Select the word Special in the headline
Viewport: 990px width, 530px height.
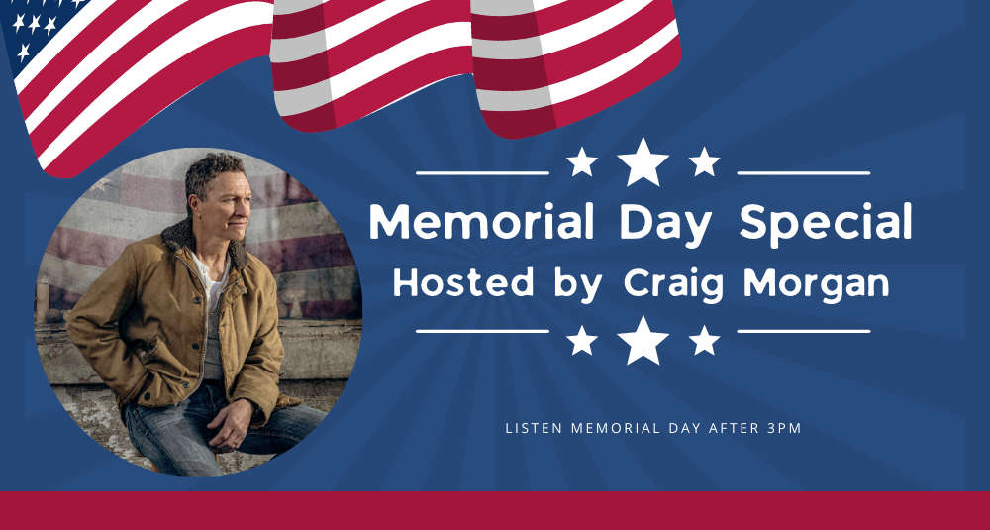[x=826, y=225]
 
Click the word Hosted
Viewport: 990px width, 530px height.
[x=462, y=282]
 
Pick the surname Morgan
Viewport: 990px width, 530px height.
[x=817, y=285]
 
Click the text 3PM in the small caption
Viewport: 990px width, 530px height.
[x=784, y=428]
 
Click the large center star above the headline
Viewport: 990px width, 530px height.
[x=643, y=161]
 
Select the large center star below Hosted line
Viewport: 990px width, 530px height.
[x=643, y=340]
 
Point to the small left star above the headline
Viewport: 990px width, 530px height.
[x=581, y=161]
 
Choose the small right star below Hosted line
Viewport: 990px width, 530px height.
[x=704, y=340]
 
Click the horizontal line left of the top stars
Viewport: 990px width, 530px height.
[x=482, y=172]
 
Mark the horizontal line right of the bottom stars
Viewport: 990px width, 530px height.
[x=804, y=331]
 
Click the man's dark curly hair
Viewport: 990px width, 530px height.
[x=212, y=171]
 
